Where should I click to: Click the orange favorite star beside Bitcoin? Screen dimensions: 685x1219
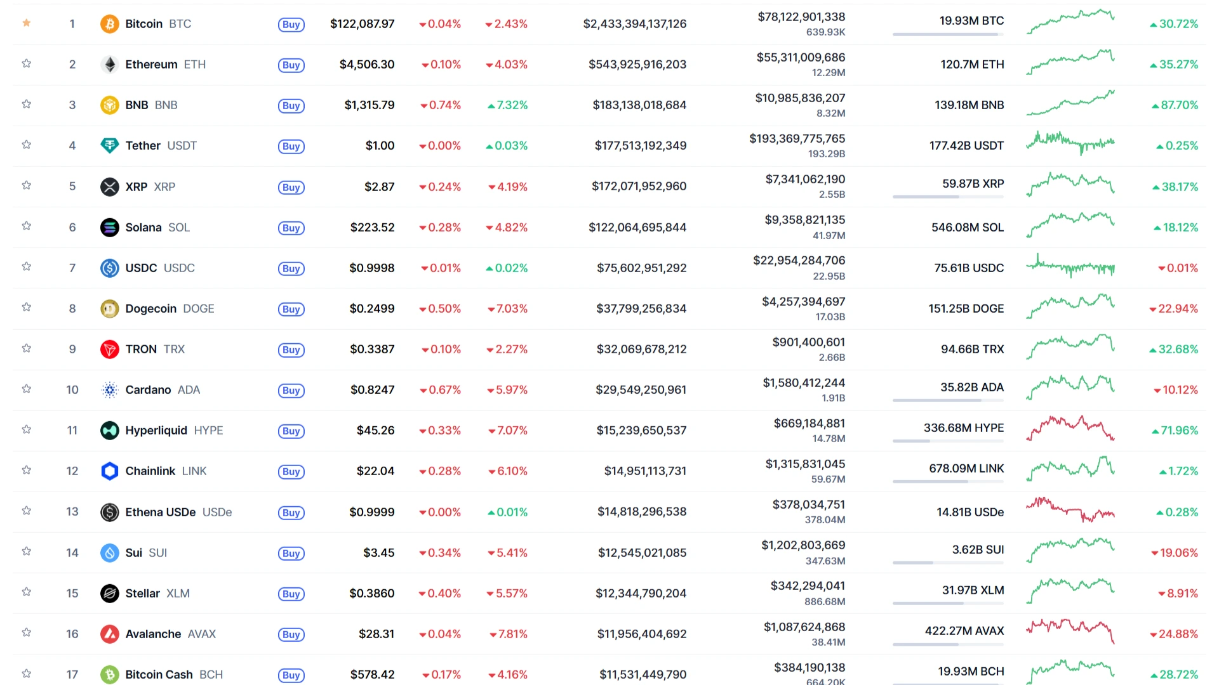point(27,23)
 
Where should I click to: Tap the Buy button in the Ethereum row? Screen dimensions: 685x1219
point(291,65)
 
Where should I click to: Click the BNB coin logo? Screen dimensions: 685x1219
point(110,105)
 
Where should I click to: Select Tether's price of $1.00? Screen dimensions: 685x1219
point(380,146)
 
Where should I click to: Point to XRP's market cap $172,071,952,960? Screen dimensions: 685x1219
point(639,186)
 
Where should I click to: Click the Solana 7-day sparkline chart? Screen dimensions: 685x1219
point(1070,225)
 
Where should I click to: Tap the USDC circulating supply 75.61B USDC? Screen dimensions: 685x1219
point(969,268)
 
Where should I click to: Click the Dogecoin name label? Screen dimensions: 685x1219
point(151,309)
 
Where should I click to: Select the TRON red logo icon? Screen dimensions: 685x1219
point(110,349)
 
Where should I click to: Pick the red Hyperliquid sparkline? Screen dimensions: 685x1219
point(1070,429)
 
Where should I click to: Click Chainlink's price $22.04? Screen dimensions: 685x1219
point(375,471)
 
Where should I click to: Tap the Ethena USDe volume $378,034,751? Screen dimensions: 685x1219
point(808,505)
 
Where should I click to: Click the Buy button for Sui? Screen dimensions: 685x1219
point(291,553)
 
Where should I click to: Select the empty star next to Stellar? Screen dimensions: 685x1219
point(27,592)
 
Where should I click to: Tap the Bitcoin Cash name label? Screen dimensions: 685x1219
point(159,675)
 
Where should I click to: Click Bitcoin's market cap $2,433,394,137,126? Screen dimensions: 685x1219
point(635,24)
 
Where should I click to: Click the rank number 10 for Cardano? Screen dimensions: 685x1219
point(72,390)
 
